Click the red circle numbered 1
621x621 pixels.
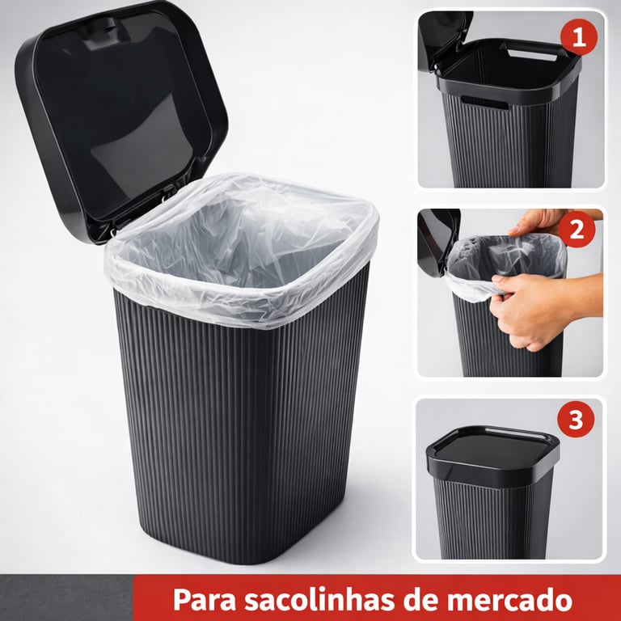579,37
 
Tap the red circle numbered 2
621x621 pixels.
577,230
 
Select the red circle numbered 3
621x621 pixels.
576,419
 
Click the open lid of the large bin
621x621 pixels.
119,115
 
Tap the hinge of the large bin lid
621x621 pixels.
167,196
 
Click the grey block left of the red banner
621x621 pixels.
66,598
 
